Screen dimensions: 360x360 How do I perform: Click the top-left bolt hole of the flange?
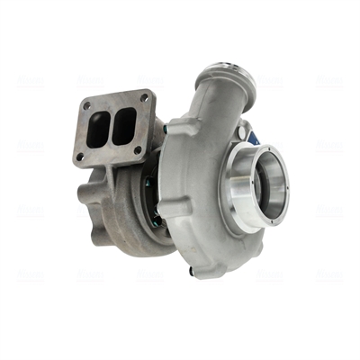[x=87, y=105]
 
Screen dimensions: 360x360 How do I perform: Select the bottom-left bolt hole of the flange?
[x=81, y=157]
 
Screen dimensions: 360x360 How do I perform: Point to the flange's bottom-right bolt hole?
[x=139, y=149]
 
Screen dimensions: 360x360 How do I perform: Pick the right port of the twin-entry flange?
[x=124, y=123]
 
